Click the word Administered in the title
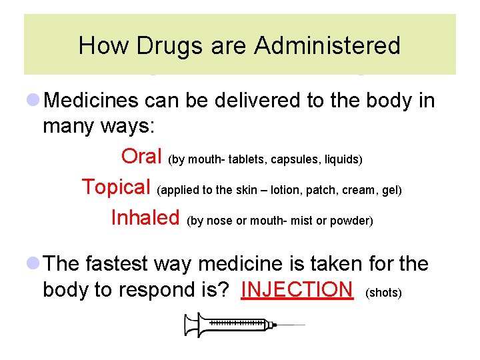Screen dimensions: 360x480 (327, 46)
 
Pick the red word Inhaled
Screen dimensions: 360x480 (145, 217)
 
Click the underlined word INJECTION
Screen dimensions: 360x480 (297, 289)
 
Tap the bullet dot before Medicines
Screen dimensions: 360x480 (33, 100)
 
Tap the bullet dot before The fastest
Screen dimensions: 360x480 (33, 264)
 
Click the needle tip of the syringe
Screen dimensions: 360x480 (303, 325)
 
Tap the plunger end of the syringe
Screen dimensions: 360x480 (187, 325)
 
